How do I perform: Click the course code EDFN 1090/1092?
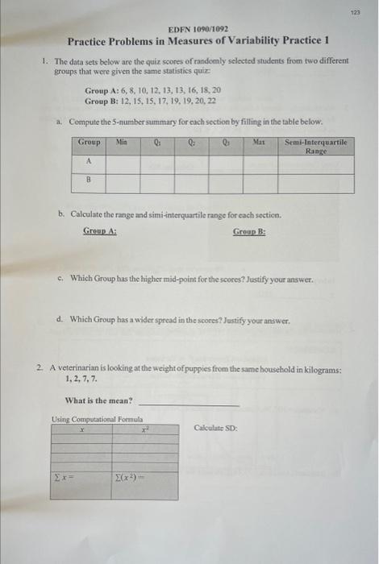point(194,29)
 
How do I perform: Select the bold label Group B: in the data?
point(102,102)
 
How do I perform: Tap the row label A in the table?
point(89,161)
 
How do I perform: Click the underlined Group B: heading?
point(249,231)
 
